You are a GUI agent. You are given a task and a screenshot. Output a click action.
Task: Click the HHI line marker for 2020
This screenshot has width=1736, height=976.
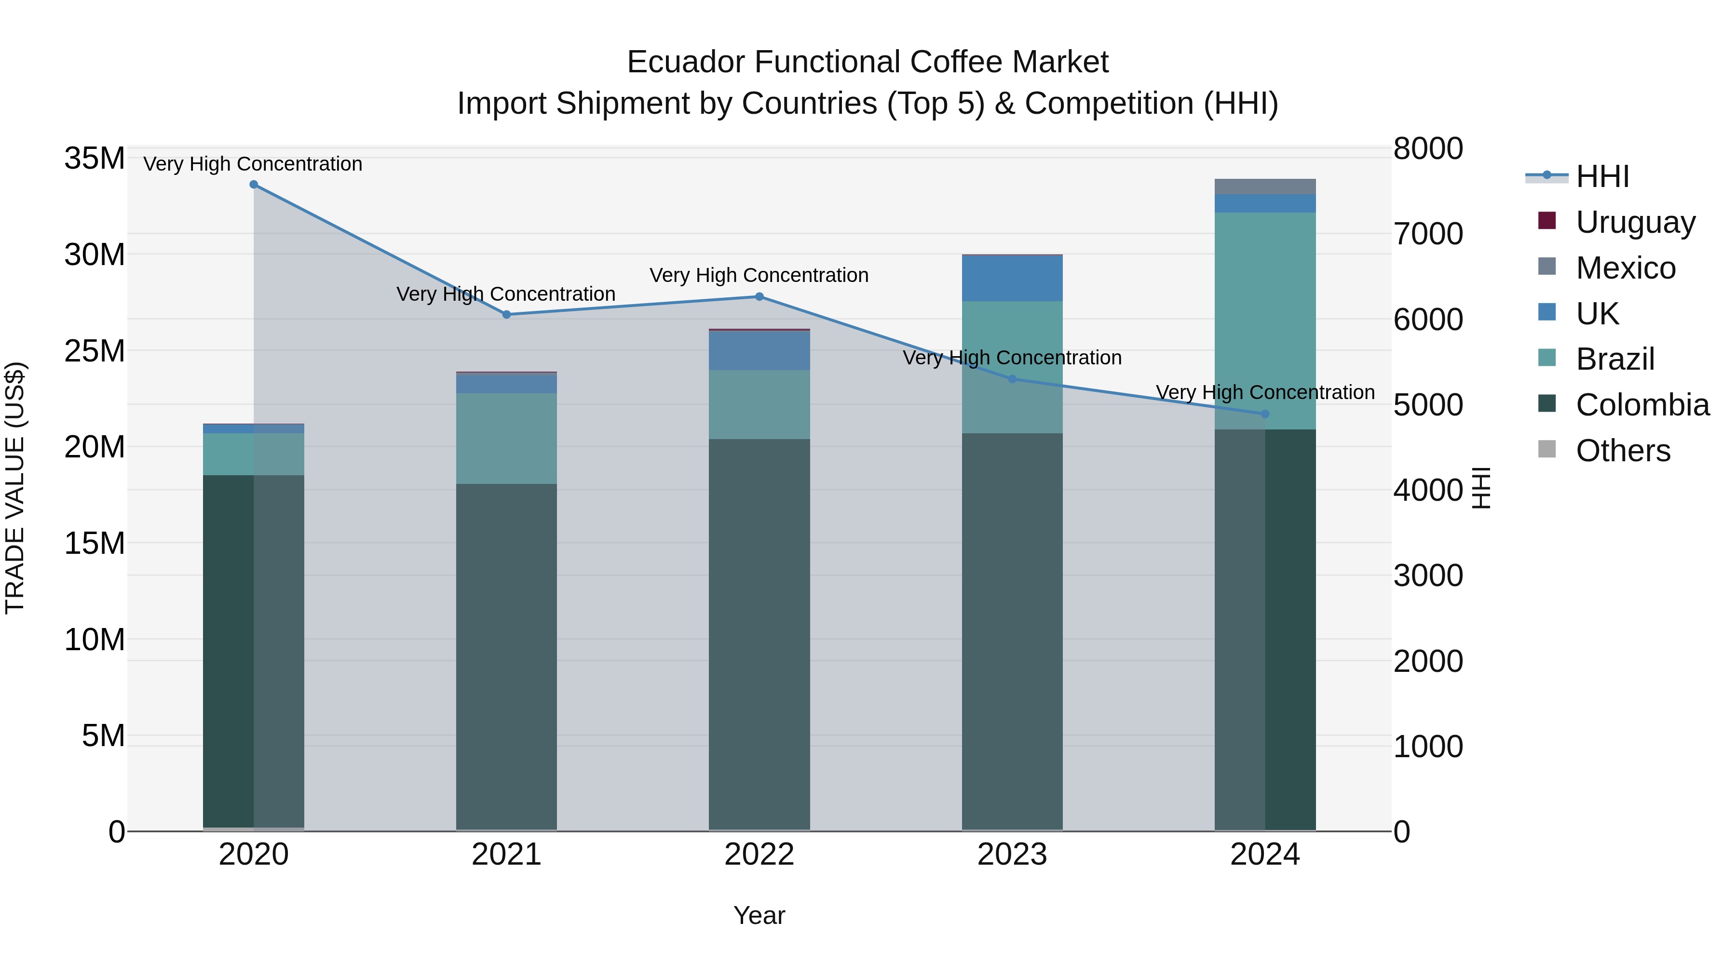tap(253, 185)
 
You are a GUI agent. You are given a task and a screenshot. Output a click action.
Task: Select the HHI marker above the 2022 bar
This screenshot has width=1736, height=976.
tap(759, 296)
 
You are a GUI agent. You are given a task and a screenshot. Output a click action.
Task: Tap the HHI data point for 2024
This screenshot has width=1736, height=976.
tap(1264, 414)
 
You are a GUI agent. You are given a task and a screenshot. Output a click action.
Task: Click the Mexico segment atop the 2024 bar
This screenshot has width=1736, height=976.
tap(1264, 187)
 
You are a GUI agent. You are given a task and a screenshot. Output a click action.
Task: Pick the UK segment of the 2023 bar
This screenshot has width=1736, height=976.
tap(1012, 278)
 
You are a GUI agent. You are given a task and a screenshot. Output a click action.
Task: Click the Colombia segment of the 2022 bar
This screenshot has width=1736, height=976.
tap(759, 633)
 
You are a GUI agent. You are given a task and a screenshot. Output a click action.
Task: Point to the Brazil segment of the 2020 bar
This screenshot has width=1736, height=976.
tap(253, 454)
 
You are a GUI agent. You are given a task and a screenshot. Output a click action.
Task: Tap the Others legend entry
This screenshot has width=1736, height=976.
tap(1622, 450)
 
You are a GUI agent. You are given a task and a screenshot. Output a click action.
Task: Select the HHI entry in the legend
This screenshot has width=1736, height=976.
tap(1602, 176)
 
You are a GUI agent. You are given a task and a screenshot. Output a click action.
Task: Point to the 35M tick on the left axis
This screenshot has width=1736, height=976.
tap(95, 159)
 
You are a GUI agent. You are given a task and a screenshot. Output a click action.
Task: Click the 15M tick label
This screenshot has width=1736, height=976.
tap(95, 543)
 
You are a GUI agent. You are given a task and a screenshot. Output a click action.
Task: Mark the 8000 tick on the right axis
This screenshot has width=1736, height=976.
tap(1427, 149)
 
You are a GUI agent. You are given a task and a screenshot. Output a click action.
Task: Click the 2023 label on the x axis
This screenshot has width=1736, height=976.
tap(1012, 855)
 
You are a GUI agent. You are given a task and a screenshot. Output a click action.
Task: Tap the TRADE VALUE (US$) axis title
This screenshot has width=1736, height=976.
tap(15, 488)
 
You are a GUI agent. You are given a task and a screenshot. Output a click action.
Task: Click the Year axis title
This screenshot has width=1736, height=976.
tap(759, 915)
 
